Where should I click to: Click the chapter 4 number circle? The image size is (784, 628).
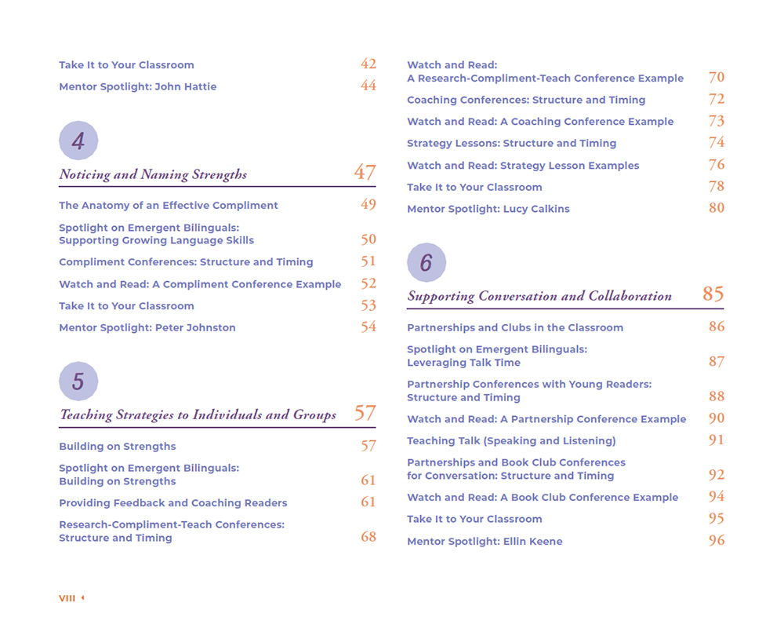(78, 141)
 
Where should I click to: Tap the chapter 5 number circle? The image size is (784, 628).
(78, 382)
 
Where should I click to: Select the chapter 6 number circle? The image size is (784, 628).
(426, 263)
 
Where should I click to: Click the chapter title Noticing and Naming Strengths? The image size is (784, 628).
(153, 175)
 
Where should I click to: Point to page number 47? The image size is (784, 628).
(365, 173)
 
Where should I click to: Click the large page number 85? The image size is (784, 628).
(713, 294)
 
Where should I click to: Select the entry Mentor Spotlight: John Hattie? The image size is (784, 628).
(138, 86)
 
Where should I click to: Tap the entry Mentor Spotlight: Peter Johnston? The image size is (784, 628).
(147, 327)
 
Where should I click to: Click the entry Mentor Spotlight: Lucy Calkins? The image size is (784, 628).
(488, 209)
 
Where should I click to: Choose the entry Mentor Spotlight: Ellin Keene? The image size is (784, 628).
(485, 541)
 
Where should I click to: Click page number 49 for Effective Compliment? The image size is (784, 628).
(368, 205)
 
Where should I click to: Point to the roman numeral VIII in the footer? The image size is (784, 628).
(67, 598)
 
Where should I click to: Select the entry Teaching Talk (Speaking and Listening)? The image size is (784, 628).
(511, 440)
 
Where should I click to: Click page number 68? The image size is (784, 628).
(368, 537)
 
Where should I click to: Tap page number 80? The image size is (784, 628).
(716, 208)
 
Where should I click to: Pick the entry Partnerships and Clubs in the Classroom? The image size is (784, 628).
(515, 327)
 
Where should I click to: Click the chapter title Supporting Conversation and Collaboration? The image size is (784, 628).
(539, 297)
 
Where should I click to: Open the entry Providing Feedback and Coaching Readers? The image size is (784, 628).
(173, 502)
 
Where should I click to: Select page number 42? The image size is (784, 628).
(368, 64)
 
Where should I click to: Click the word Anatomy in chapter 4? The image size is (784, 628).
(107, 206)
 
